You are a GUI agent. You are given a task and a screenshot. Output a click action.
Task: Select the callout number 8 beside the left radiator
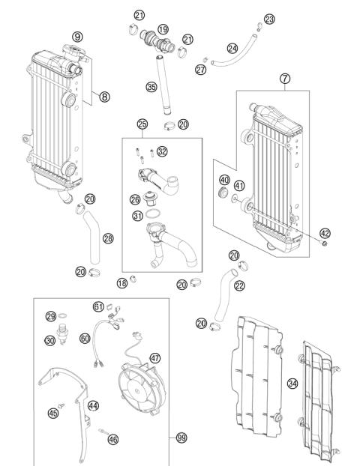(104, 96)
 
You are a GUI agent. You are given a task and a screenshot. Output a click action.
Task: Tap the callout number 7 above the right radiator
(285, 78)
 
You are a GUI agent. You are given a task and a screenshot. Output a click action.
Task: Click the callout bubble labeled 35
(151, 87)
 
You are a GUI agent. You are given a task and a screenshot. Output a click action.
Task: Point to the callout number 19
(163, 28)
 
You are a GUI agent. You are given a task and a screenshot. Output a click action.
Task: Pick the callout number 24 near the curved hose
(233, 49)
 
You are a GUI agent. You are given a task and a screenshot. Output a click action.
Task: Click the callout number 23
(270, 19)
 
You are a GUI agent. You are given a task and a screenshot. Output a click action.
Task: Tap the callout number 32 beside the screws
(163, 151)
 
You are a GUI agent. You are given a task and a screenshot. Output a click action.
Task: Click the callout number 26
(135, 199)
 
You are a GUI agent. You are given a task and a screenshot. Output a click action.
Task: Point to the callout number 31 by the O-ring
(137, 217)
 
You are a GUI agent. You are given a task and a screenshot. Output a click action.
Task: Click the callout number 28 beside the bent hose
(108, 239)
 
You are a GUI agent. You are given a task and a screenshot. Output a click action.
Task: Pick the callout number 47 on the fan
(155, 358)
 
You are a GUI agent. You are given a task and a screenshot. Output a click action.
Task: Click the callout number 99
(181, 437)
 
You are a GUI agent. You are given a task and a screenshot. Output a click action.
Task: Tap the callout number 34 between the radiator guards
(292, 384)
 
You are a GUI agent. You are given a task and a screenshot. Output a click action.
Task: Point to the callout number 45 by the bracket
(53, 412)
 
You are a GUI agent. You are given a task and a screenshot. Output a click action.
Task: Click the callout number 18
(121, 282)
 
